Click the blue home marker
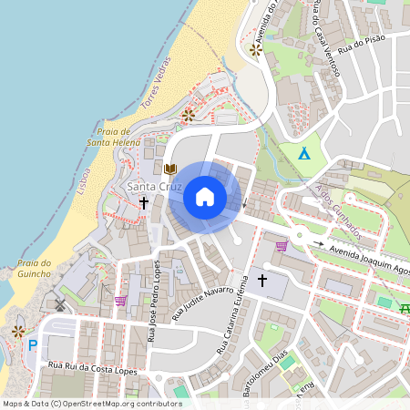coord(205,196)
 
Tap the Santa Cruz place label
coord(154,187)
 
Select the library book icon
coord(169,169)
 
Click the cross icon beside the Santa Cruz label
coord(144,203)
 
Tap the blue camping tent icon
coord(304,154)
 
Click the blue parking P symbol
coord(33,345)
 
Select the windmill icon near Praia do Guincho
coord(61,304)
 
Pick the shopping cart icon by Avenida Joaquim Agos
coord(282,244)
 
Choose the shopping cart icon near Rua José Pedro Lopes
coord(120,300)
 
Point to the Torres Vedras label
coord(157,93)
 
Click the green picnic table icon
coord(404,309)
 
